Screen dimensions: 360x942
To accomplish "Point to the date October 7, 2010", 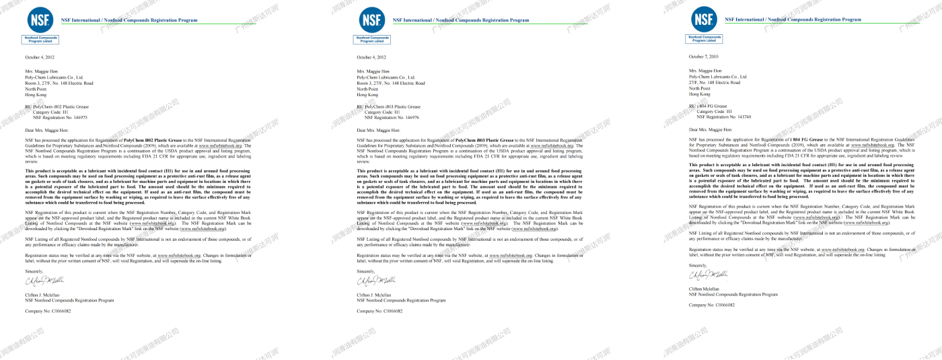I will (x=704, y=57).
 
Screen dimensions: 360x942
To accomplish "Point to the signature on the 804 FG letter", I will (x=709, y=275).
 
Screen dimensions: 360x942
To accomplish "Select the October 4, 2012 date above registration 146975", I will (x=40, y=58).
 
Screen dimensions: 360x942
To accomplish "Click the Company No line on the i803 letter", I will (x=379, y=311).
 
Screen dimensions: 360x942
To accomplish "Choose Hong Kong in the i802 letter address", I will (x=36, y=94).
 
